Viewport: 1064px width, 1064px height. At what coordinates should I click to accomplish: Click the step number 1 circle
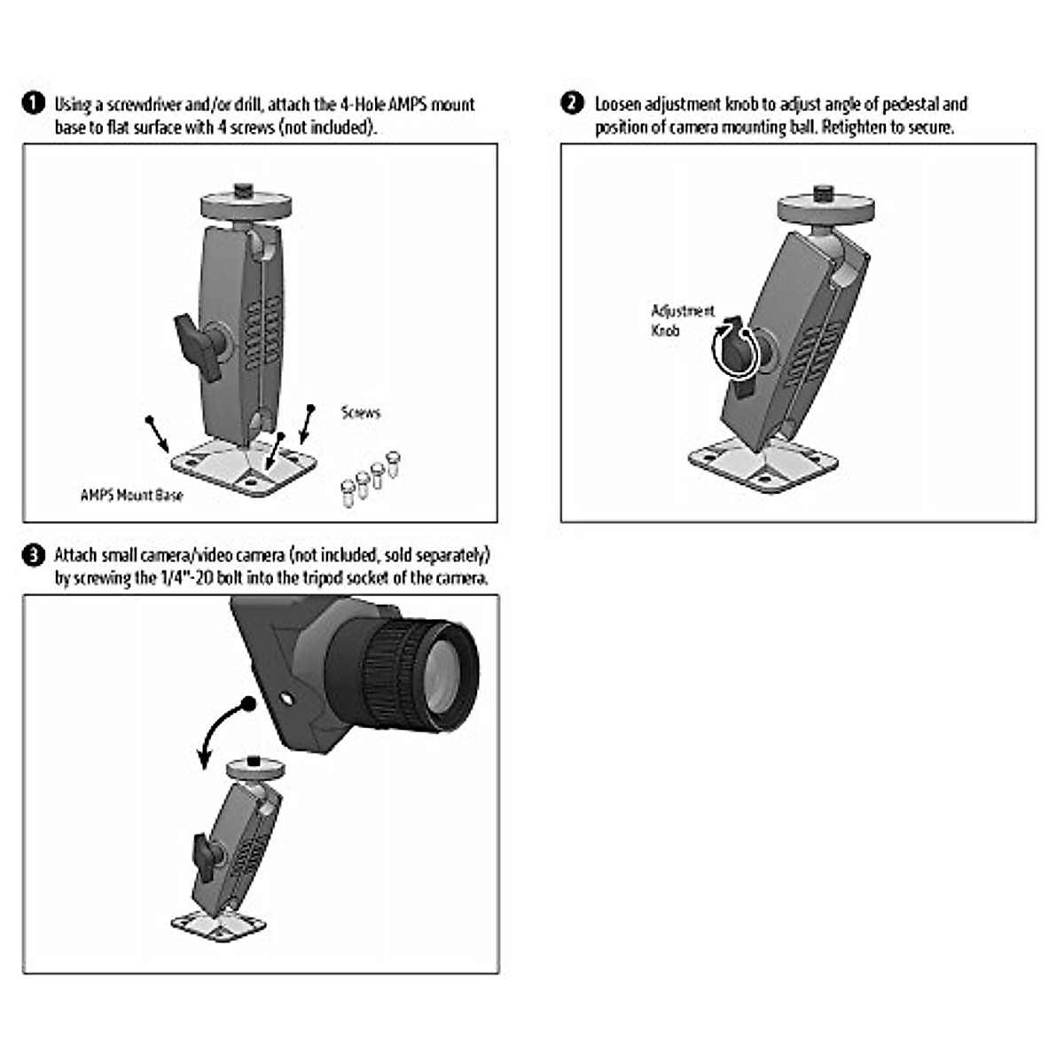pos(33,104)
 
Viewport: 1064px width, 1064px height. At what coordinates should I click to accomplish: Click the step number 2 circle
pos(573,104)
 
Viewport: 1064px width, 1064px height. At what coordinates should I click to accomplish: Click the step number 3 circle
pos(33,556)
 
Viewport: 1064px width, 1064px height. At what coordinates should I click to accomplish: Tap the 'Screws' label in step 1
pos(360,412)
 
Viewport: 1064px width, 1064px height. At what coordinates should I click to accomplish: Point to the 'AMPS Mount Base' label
pos(131,495)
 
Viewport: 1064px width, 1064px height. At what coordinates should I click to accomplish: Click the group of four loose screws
pos(371,479)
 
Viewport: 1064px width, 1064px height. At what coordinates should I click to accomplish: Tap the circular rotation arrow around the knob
pos(736,350)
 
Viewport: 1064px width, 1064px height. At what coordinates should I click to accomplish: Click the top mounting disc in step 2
pos(825,208)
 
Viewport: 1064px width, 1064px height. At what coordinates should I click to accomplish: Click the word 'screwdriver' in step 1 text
pos(142,105)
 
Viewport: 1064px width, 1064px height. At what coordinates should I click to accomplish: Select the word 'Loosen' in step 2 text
pos(620,105)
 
